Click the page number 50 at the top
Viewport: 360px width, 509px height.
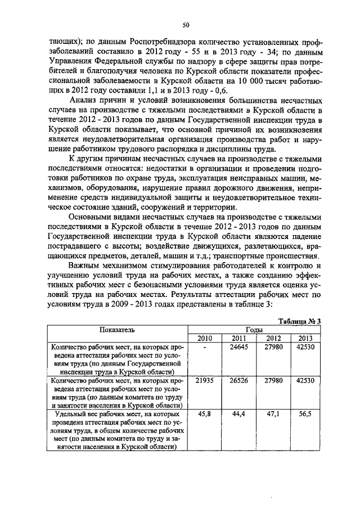pyautogui.click(x=186, y=25)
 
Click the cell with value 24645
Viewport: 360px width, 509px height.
pyautogui.click(x=238, y=348)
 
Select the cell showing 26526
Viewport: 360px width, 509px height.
pyautogui.click(x=238, y=381)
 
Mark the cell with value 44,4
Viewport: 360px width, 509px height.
pyautogui.click(x=238, y=415)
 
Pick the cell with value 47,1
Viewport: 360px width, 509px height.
pyautogui.click(x=273, y=415)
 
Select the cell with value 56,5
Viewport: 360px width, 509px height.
pyautogui.click(x=305, y=415)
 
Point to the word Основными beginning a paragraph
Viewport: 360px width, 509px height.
pyautogui.click(x=92, y=217)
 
